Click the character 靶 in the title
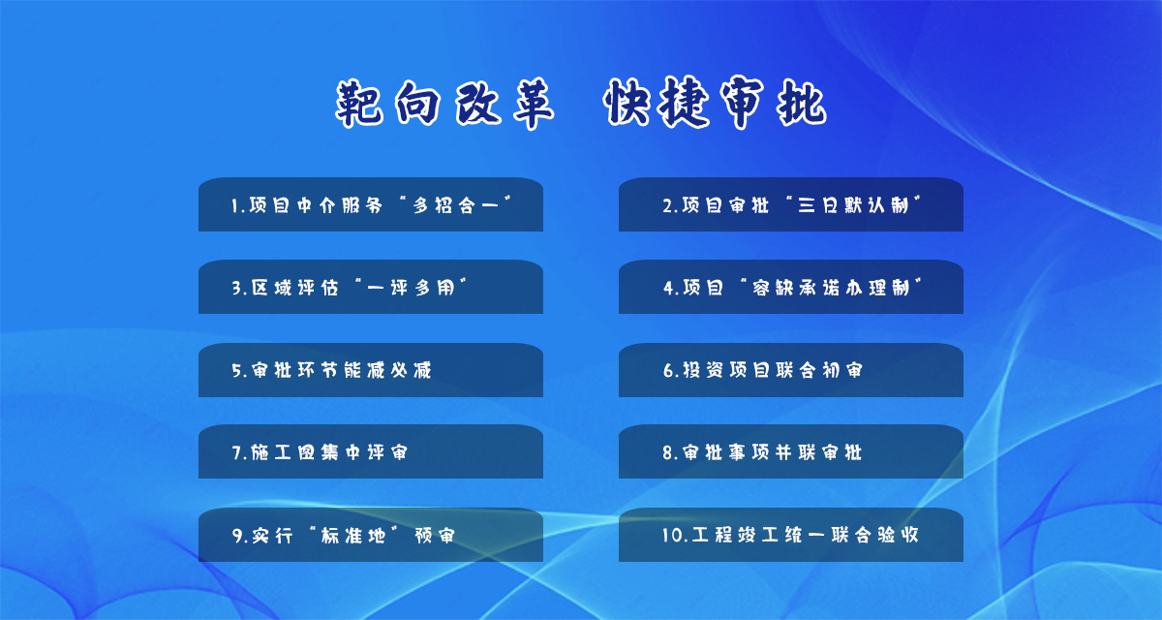(359, 104)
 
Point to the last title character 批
(801, 104)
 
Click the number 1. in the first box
(238, 206)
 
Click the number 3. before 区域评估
(239, 288)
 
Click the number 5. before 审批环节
(239, 370)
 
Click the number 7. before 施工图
(239, 453)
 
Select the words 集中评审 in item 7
(364, 452)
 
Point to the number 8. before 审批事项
(670, 453)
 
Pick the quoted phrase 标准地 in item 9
(353, 535)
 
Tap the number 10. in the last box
(674, 535)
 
